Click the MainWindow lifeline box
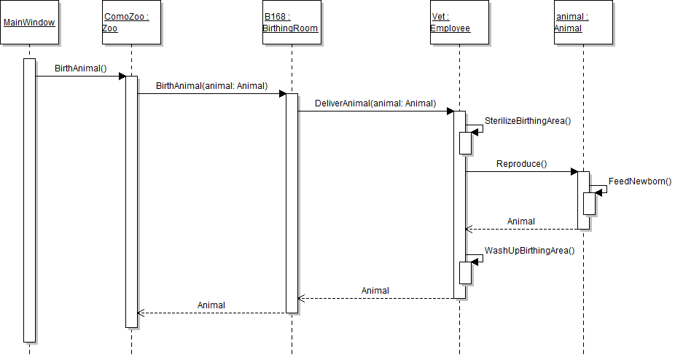coord(29,23)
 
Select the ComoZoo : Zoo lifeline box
coord(131,23)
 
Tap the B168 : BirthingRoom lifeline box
coord(291,23)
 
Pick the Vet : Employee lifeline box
coord(459,23)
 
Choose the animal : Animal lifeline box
coord(583,23)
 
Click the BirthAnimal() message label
coord(80,69)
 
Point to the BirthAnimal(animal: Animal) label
coord(211,86)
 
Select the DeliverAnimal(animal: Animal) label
coord(375,103)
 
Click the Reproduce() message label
coord(521,164)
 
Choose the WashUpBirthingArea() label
coord(530,251)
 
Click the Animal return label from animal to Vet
coord(521,222)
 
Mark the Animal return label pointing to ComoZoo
coord(211,305)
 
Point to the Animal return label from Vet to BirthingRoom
coord(375,291)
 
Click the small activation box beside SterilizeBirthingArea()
coord(465,143)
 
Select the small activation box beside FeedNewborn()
coord(589,204)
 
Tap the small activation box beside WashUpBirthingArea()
coord(465,273)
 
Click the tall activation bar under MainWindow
coord(29,200)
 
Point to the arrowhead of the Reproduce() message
coord(574,171)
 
